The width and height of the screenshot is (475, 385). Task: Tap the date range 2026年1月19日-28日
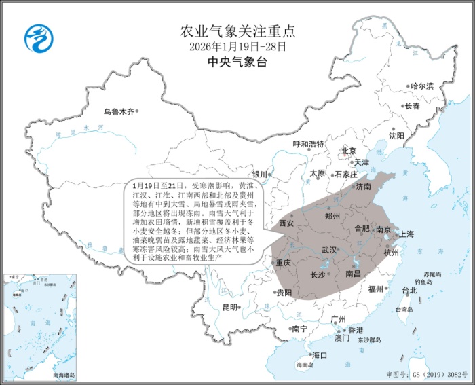[237, 48]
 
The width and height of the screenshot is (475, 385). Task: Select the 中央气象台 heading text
[237, 64]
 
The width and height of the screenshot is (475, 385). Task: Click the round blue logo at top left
[38, 38]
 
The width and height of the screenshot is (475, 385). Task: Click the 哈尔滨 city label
[421, 86]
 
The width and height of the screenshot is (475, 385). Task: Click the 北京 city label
[349, 151]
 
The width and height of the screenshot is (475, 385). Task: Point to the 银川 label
[261, 173]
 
